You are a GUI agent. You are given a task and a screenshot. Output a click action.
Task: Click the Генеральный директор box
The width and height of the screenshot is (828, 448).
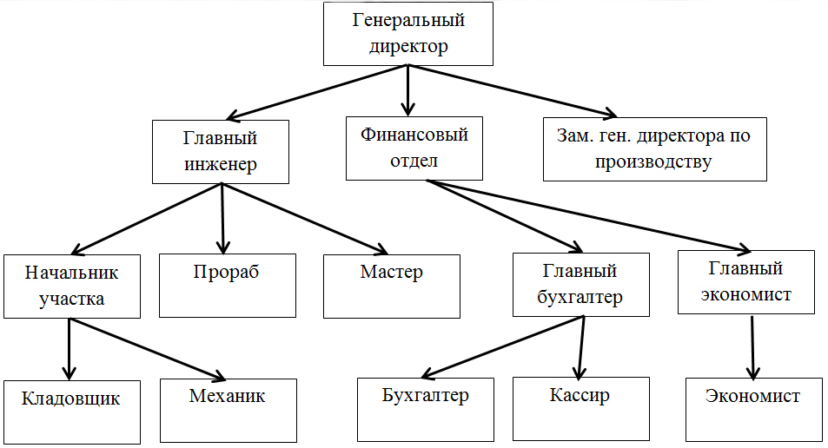(x=408, y=34)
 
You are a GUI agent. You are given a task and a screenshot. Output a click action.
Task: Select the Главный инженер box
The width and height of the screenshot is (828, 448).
(x=221, y=152)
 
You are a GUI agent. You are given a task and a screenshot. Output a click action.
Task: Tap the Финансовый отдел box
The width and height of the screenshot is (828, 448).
(x=414, y=148)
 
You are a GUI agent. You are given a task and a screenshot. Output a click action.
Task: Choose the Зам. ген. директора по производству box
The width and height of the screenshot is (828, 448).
(x=655, y=149)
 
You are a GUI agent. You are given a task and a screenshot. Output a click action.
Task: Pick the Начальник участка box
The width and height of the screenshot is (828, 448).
(x=72, y=287)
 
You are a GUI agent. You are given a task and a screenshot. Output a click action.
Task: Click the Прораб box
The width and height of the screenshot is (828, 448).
(x=228, y=286)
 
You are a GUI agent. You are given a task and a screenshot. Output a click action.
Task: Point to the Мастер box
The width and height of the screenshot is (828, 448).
(x=392, y=287)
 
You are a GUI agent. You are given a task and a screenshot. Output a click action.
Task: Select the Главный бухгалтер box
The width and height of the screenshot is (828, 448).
(x=581, y=285)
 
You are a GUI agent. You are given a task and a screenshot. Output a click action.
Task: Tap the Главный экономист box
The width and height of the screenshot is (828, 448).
(x=746, y=282)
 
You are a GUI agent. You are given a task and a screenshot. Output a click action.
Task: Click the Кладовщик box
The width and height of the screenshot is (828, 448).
(x=72, y=412)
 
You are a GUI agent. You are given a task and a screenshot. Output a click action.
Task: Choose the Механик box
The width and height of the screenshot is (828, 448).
(x=229, y=411)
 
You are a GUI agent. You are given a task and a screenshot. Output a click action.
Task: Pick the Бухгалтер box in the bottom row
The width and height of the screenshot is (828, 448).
(x=426, y=410)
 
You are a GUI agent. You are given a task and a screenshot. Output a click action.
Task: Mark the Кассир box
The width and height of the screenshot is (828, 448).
(x=581, y=409)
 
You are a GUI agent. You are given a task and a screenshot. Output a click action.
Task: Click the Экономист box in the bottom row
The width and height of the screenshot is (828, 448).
(x=754, y=410)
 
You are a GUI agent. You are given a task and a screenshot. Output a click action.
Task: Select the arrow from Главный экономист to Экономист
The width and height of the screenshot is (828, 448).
(x=752, y=347)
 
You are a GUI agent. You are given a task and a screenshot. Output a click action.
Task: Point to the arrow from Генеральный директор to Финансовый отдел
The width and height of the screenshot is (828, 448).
(x=407, y=90)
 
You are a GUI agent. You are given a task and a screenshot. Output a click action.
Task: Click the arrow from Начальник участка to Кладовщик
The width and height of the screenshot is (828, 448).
(x=70, y=349)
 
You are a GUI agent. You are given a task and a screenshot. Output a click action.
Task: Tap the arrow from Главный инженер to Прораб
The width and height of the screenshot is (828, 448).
(x=222, y=219)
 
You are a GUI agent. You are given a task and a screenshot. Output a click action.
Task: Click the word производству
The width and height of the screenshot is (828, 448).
(x=653, y=162)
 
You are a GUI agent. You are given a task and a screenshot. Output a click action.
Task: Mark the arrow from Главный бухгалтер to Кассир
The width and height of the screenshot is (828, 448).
(x=581, y=347)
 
